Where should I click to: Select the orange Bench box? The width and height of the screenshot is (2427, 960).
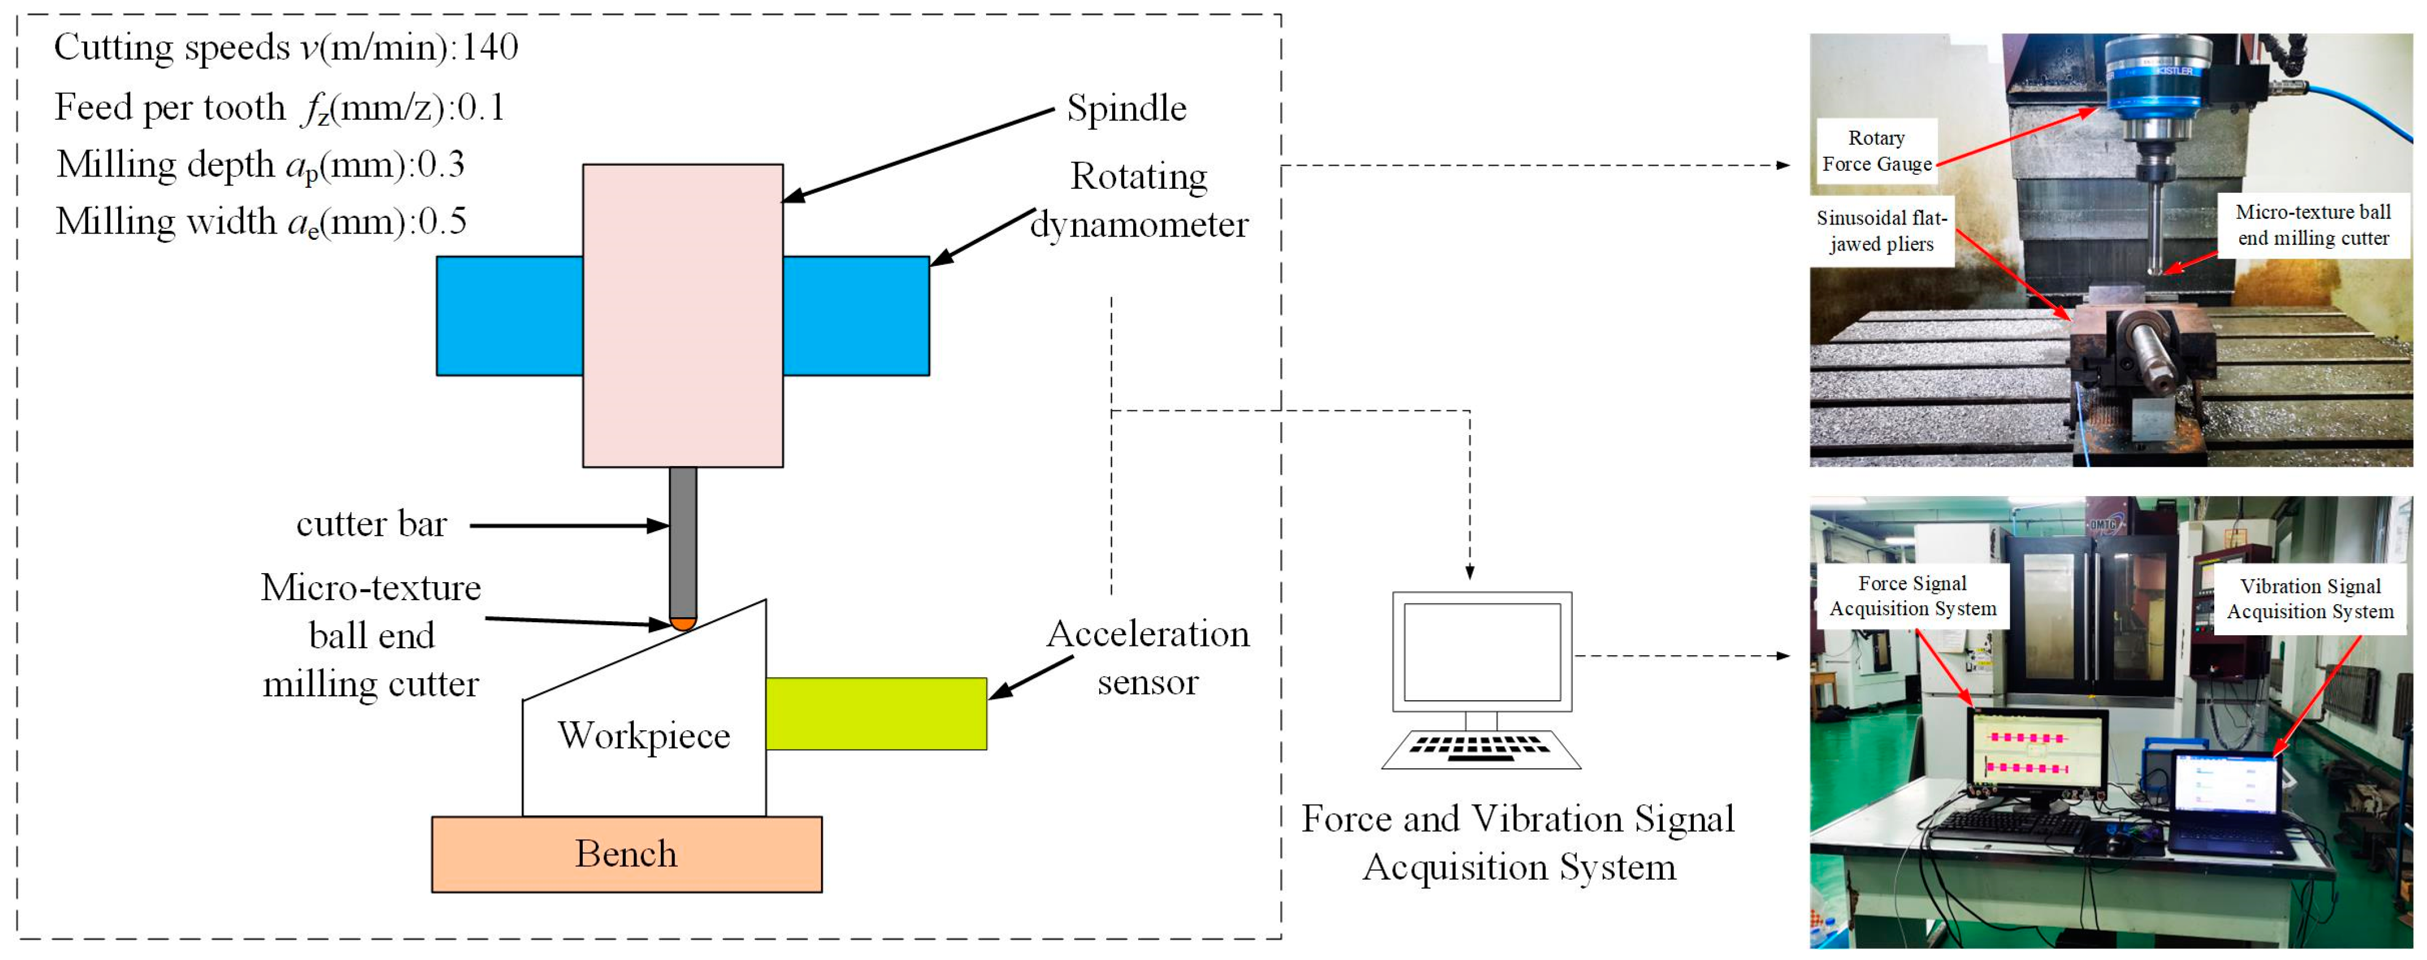[x=626, y=854]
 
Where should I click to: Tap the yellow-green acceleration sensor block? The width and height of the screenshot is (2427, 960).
[x=876, y=713]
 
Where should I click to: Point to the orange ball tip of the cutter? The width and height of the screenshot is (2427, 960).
[x=683, y=623]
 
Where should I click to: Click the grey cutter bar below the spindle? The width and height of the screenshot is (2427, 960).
[x=683, y=542]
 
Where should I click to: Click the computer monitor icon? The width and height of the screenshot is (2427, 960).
[x=1482, y=652]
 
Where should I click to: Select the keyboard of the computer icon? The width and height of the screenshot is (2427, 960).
[x=1480, y=749]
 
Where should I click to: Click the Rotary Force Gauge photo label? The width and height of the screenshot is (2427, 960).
[x=1877, y=150]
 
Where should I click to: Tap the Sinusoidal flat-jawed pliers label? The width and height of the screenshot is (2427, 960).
[x=1882, y=231]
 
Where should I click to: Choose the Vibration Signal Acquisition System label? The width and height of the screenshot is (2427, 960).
[x=2310, y=599]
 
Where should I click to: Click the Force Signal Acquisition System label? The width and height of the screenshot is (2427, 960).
[x=1913, y=596]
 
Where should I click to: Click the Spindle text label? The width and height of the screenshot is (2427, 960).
[x=1126, y=109]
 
